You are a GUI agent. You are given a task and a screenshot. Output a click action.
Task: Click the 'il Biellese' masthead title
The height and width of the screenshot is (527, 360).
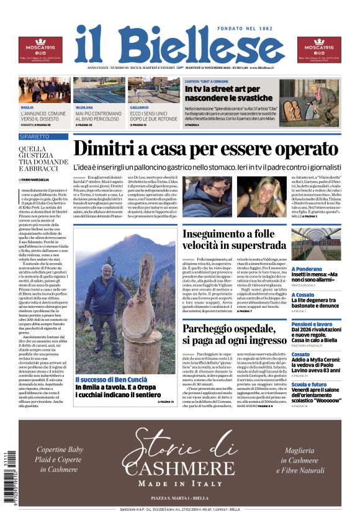pyautogui.click(x=179, y=44)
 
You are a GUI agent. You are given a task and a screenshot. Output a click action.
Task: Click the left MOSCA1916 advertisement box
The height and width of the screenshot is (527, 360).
pyautogui.click(x=40, y=50)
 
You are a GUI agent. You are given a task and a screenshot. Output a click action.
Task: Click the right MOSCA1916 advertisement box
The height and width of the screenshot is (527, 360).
pyautogui.click(x=319, y=50)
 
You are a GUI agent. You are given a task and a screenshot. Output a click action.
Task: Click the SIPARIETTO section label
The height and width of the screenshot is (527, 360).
pyautogui.click(x=34, y=136)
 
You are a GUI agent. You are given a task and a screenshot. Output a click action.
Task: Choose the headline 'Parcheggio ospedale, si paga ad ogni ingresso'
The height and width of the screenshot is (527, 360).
pyautogui.click(x=243, y=334)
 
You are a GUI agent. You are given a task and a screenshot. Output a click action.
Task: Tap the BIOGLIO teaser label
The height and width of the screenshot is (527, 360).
pyautogui.click(x=27, y=107)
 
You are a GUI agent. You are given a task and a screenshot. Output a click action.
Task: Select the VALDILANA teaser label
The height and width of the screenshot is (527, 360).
pyautogui.click(x=84, y=107)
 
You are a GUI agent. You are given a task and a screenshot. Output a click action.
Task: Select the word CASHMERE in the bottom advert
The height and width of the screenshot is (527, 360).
pyautogui.click(x=179, y=467)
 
